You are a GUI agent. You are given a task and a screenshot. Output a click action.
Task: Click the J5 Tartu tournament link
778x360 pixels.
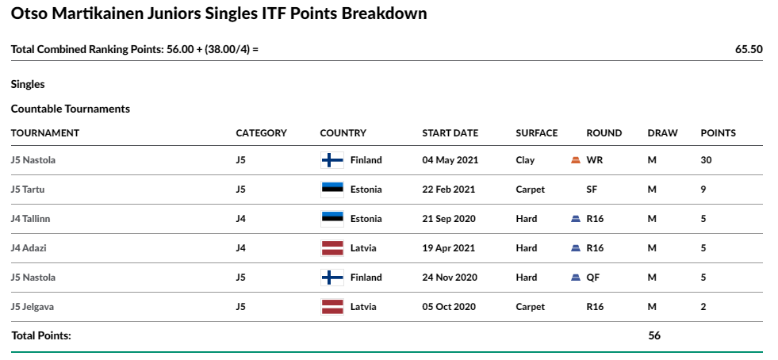[28, 190]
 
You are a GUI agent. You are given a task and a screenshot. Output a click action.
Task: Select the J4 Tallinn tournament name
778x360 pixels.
[30, 219]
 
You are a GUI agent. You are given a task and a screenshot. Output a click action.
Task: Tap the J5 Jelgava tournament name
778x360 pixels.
[33, 307]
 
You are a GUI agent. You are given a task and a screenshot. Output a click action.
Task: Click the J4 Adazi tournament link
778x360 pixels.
[29, 248]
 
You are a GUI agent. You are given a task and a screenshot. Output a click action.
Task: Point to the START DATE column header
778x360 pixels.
[450, 133]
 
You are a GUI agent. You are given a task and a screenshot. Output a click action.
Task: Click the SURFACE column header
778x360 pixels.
[536, 133]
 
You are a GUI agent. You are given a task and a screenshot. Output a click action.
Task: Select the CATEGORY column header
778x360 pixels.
[261, 133]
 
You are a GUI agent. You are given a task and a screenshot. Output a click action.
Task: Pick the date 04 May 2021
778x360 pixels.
[450, 160]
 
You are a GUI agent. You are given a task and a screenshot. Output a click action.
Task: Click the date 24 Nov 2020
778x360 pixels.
[450, 278]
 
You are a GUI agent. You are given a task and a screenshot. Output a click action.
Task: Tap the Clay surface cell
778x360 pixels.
[525, 160]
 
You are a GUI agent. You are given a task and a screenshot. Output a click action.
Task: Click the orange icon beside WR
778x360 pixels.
[576, 160]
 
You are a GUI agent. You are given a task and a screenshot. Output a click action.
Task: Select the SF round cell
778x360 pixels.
[592, 190]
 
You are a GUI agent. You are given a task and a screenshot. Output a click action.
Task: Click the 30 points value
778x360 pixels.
[706, 160]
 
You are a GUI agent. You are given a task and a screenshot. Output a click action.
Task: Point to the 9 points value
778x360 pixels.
[703, 190]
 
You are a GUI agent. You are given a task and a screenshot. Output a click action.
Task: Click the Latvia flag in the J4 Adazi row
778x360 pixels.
[332, 248]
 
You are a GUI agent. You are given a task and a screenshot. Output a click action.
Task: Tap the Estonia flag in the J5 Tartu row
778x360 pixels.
[332, 190]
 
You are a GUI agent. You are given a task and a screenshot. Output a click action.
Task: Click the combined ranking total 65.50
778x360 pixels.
[749, 50]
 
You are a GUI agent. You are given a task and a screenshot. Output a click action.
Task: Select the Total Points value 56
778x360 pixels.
[654, 335]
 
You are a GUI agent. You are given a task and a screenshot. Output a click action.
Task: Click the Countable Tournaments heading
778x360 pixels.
[71, 109]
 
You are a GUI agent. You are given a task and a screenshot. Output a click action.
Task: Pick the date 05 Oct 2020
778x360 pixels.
[449, 307]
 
